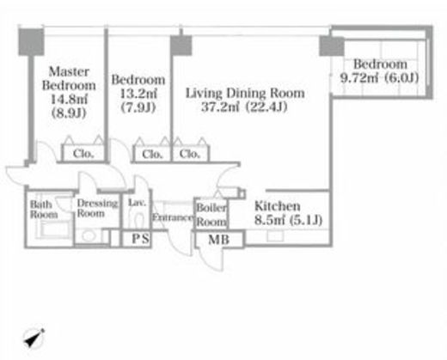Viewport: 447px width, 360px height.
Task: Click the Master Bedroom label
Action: [x=69, y=78]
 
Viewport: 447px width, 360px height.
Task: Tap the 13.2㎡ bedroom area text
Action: [x=138, y=94]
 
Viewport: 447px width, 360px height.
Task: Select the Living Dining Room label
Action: [x=245, y=93]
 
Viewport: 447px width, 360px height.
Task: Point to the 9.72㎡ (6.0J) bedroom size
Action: [x=379, y=78]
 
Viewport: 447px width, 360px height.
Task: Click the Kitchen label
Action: [x=278, y=206]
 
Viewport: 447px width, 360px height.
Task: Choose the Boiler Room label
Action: [x=211, y=215]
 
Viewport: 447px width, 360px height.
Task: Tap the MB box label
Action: [x=219, y=240]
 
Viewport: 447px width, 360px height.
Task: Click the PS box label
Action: [x=140, y=239]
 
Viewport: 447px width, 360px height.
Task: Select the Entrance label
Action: [x=173, y=217]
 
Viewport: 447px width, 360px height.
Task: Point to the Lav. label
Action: [x=137, y=203]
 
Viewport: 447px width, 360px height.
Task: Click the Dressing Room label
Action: [x=97, y=208]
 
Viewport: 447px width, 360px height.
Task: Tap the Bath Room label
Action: [x=44, y=210]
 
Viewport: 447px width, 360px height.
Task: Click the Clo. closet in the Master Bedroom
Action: [x=83, y=154]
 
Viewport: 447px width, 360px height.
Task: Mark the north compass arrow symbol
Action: [x=34, y=339]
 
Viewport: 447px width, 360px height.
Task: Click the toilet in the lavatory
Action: [x=139, y=221]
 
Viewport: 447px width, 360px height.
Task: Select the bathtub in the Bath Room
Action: [x=53, y=229]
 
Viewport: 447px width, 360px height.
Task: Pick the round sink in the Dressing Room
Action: [x=89, y=236]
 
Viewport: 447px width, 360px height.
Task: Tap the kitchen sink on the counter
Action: [x=275, y=236]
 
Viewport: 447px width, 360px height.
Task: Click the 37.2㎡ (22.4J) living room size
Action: [x=244, y=107]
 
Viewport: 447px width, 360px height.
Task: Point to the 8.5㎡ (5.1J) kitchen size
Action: [x=288, y=220]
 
